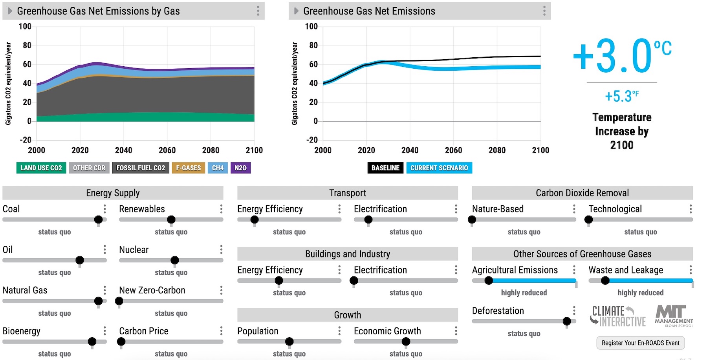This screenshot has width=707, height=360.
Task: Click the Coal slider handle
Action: click(99, 219)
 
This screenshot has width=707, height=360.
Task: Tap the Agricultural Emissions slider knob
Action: click(489, 280)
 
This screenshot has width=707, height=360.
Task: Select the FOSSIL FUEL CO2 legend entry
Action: click(141, 168)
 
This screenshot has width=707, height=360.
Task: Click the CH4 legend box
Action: click(218, 168)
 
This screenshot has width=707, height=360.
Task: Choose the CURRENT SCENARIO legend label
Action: click(439, 168)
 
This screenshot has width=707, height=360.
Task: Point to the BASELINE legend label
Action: click(385, 168)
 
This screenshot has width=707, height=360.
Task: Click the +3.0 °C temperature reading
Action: click(622, 56)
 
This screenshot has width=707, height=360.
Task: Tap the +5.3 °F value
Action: click(622, 96)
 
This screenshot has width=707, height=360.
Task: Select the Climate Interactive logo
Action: click(618, 316)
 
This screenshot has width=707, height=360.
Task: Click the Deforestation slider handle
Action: click(567, 321)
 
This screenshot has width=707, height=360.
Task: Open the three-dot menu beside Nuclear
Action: click(221, 249)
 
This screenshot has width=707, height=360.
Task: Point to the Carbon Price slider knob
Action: click(121, 342)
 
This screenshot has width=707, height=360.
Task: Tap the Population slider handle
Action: click(289, 342)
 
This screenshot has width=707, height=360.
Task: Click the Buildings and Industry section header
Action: click(348, 254)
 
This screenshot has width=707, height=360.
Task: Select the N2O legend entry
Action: click(240, 168)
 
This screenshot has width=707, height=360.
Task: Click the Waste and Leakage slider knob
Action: click(605, 280)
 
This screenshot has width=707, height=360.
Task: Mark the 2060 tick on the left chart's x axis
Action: click(167, 150)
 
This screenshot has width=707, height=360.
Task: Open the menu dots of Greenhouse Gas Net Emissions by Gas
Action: click(258, 11)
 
